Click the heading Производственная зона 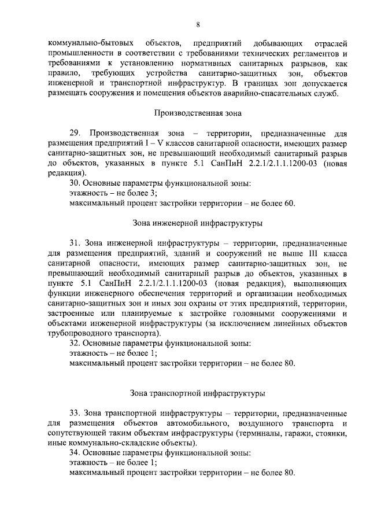(x=197, y=113)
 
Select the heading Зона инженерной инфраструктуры (x=197, y=222)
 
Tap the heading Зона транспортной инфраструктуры (x=197, y=393)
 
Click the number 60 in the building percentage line (x=290, y=203)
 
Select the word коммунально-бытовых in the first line (x=87, y=43)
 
